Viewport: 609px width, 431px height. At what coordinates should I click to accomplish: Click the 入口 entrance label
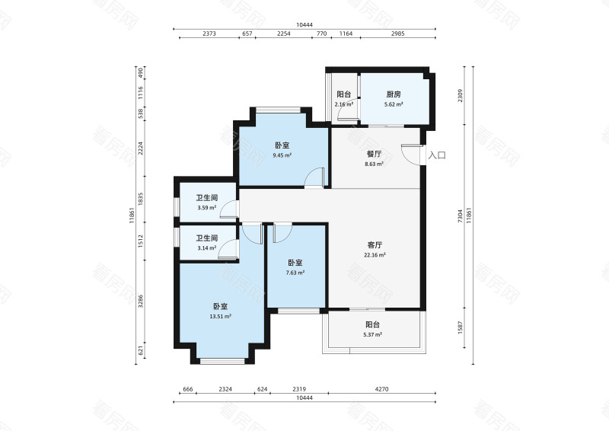[x=437, y=155]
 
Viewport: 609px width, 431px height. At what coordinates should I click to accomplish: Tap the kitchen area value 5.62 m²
[x=394, y=104]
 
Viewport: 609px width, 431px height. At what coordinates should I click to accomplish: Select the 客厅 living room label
[x=375, y=245]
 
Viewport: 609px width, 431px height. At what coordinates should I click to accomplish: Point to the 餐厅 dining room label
[x=374, y=154]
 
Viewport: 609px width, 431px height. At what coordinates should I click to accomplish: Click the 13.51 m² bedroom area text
[x=221, y=316]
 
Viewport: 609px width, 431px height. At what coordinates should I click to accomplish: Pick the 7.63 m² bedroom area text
[x=295, y=273]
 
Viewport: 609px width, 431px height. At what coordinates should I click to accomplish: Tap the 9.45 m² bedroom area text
[x=282, y=155]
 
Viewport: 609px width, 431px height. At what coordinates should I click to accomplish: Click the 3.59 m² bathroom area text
[x=207, y=208]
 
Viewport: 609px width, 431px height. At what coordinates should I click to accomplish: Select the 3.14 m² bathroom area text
[x=207, y=247]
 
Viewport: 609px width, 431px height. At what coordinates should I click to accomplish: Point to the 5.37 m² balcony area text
[x=372, y=334]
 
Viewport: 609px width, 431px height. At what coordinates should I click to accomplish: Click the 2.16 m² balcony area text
[x=344, y=104]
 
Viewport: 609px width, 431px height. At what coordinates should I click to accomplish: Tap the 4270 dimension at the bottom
[x=382, y=388]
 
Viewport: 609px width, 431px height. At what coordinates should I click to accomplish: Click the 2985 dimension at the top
[x=397, y=34]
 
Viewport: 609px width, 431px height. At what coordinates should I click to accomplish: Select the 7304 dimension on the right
[x=461, y=216]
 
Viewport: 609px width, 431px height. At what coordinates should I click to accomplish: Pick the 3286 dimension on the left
[x=141, y=302]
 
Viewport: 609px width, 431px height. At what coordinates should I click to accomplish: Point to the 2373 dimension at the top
[x=209, y=34]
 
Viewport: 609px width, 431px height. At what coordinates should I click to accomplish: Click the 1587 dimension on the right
[x=461, y=327]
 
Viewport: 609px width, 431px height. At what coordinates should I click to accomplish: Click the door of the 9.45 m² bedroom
[x=314, y=178]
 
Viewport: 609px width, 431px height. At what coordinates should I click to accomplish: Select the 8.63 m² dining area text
[x=374, y=164]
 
